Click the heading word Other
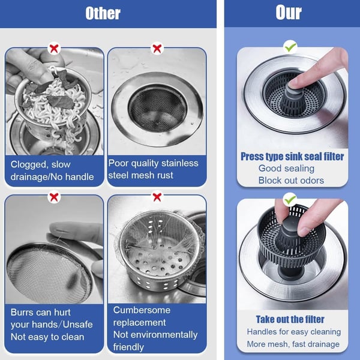[103, 13]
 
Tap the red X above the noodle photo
[54, 48]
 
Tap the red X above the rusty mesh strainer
[157, 48]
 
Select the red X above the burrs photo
[54, 196]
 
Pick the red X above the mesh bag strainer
[157, 196]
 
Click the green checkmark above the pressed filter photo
[290, 46]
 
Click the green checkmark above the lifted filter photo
[290, 198]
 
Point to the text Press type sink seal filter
[292, 157]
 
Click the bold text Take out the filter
[290, 319]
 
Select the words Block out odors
[291, 181]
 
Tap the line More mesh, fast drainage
[293, 344]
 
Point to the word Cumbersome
[142, 310]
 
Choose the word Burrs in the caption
[23, 312]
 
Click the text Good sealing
[286, 169]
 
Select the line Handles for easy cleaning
[293, 332]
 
